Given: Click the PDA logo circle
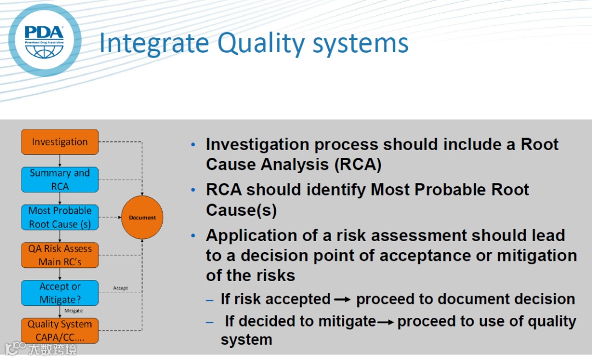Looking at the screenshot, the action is pyautogui.click(x=44, y=40).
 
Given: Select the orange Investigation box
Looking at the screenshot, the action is pyautogui.click(x=60, y=142).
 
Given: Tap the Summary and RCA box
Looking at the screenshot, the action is pyautogui.click(x=60, y=180).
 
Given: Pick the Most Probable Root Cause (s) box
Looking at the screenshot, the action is pyautogui.click(x=60, y=218).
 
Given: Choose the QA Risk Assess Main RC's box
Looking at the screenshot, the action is pyautogui.click(x=60, y=255).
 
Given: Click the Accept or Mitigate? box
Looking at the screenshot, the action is pyautogui.click(x=60, y=293).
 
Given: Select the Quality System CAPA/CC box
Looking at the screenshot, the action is pyautogui.click(x=60, y=330).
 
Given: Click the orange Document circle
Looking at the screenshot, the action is pyautogui.click(x=143, y=218).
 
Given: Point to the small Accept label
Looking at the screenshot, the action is pyautogui.click(x=121, y=288).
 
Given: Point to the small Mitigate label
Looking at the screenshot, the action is pyautogui.click(x=73, y=311).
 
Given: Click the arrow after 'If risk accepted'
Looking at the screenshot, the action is pyautogui.click(x=343, y=300).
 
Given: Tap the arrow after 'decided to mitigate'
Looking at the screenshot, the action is pyautogui.click(x=385, y=322).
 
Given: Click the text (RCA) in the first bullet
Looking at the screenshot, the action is pyautogui.click(x=358, y=164).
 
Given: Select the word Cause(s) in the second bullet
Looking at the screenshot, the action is pyautogui.click(x=241, y=210).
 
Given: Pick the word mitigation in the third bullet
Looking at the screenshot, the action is pyautogui.click(x=537, y=255).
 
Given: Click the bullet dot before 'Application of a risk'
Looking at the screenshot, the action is pyautogui.click(x=193, y=236).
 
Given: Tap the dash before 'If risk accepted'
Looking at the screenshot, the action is pyautogui.click(x=209, y=301).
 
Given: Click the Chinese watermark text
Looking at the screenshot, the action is pyautogui.click(x=53, y=349).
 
